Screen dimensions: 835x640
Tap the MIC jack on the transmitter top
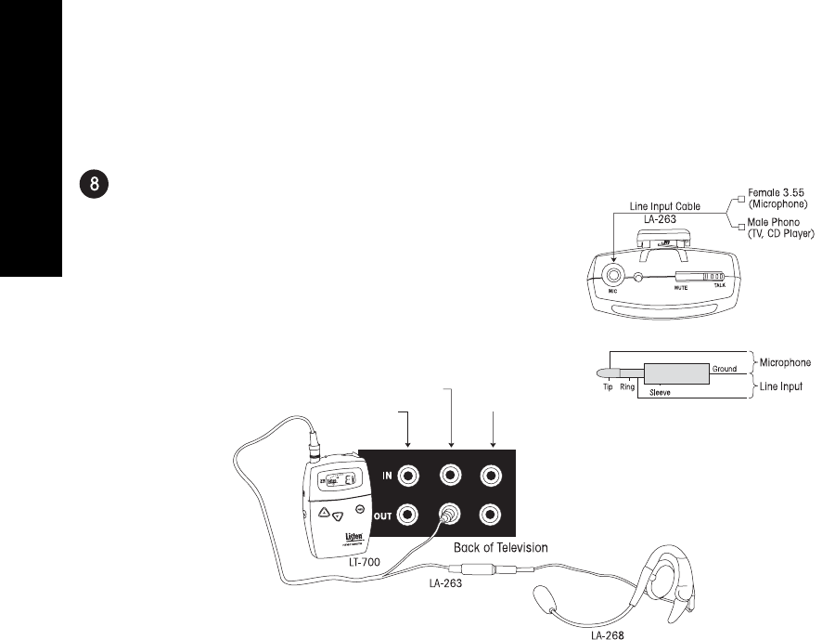tap(614, 275)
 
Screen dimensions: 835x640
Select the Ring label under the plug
tap(627, 385)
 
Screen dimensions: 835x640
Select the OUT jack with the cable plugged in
tap(450, 514)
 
